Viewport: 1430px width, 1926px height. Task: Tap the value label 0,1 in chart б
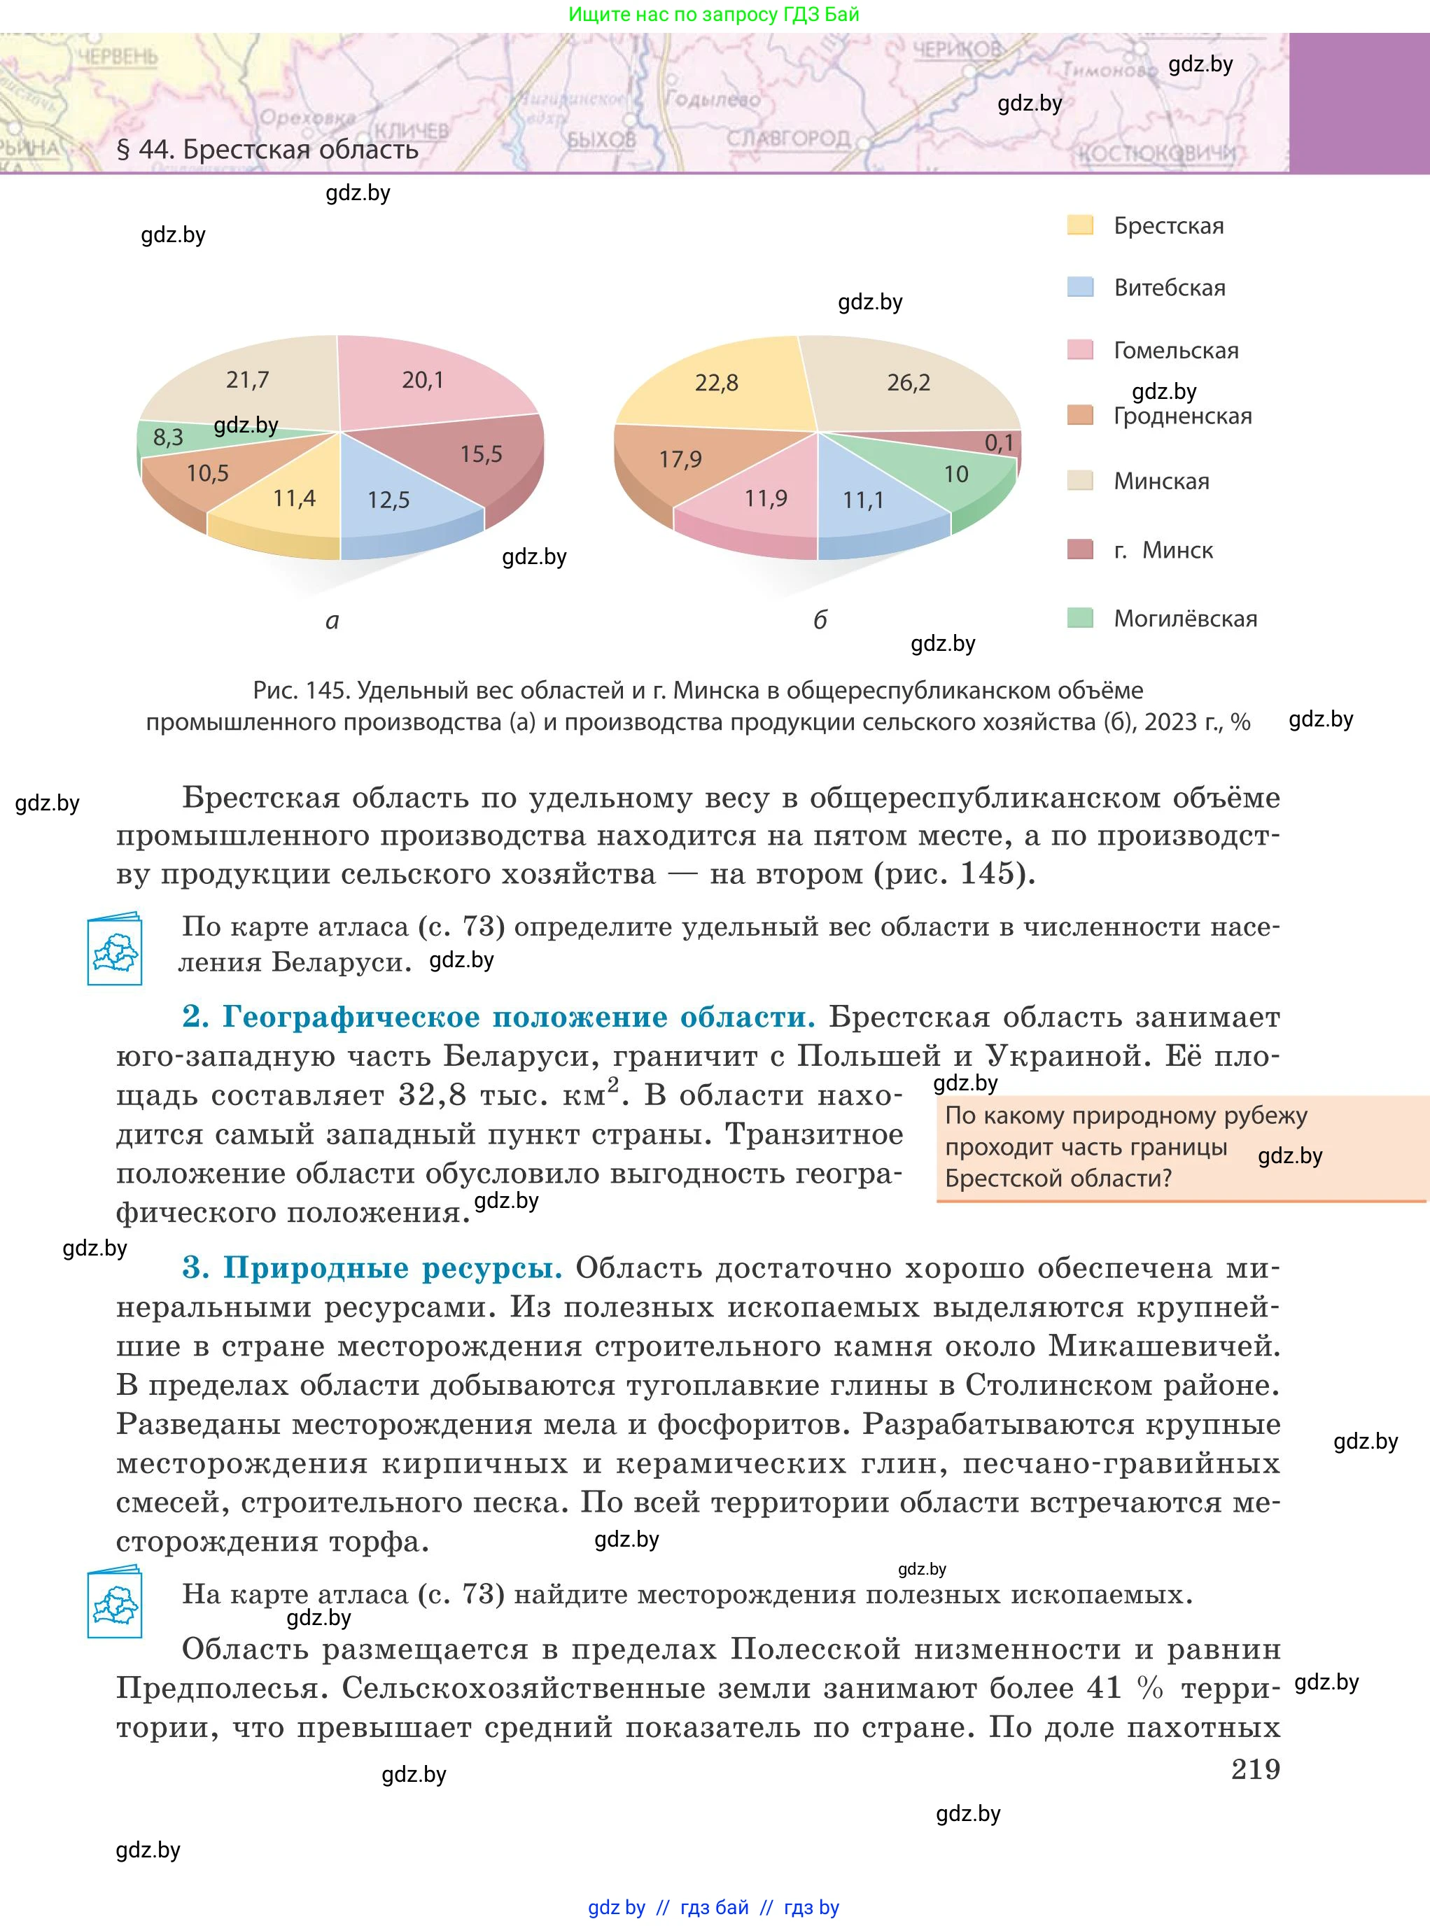point(999,443)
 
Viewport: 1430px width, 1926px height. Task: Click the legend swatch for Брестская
point(1080,226)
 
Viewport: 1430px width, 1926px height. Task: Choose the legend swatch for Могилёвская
point(1080,618)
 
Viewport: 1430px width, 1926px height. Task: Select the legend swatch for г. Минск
point(1080,549)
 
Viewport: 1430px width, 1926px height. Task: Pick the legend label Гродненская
point(1182,416)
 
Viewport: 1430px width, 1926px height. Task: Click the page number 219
point(1255,1769)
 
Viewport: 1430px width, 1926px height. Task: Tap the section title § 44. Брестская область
point(267,150)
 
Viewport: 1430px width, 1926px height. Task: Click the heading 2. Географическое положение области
point(498,1016)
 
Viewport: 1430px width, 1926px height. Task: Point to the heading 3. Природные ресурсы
point(372,1267)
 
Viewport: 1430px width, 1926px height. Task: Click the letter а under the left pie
point(332,621)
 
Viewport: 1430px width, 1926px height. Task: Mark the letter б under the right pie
point(820,620)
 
